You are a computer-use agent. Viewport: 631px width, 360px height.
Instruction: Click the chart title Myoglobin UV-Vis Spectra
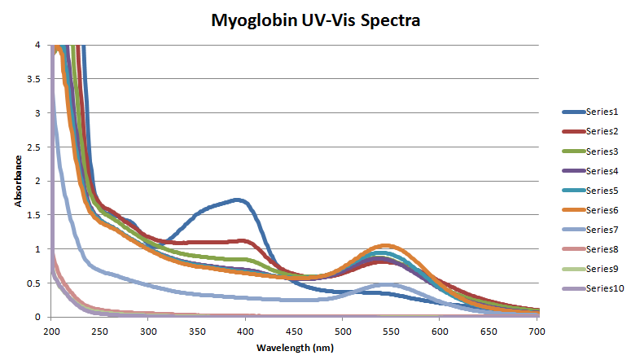click(x=315, y=20)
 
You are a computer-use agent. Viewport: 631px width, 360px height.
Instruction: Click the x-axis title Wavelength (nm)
click(x=295, y=347)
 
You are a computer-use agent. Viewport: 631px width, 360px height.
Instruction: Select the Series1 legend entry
click(x=602, y=112)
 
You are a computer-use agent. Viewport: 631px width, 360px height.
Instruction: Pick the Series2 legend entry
click(x=602, y=131)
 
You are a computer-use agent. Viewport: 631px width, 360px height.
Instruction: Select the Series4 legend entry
click(x=602, y=171)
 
